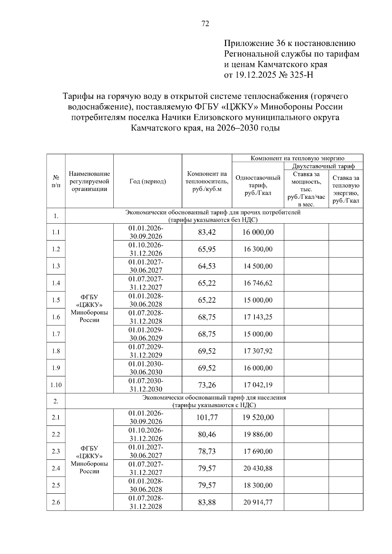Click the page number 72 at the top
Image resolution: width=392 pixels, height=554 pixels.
pyautogui.click(x=205, y=24)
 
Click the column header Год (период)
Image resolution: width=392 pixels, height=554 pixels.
pyautogui.click(x=148, y=182)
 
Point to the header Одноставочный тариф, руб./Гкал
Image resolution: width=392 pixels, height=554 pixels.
pyautogui.click(x=258, y=185)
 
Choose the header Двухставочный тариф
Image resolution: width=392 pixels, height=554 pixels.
pyautogui.click(x=323, y=166)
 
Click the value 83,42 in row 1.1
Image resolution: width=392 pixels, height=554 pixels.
pyautogui.click(x=207, y=232)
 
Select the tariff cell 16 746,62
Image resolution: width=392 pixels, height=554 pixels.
pyautogui.click(x=258, y=283)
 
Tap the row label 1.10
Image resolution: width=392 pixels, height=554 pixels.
pyautogui.click(x=56, y=385)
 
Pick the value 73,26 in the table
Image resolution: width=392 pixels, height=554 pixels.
pyautogui.click(x=207, y=385)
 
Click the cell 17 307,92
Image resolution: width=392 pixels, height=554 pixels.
pyautogui.click(x=258, y=351)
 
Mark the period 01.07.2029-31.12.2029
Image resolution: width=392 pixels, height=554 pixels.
pyautogui.click(x=146, y=351)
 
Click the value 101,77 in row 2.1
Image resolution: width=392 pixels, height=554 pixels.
pyautogui.click(x=207, y=417)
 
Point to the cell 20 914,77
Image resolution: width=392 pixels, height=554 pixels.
pyautogui.click(x=258, y=502)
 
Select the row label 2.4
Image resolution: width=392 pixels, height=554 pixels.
pyautogui.click(x=56, y=468)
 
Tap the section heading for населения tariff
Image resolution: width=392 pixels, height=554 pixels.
pyautogui.click(x=214, y=401)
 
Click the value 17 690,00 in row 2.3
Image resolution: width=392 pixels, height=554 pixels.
pyautogui.click(x=258, y=451)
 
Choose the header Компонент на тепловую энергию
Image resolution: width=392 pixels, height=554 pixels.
pyautogui.click(x=297, y=158)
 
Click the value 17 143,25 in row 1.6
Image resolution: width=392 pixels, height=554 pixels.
pyautogui.click(x=258, y=317)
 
